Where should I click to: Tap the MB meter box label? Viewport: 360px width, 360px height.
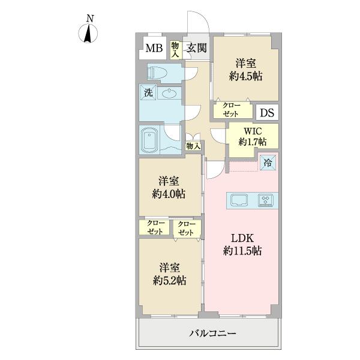point(154,49)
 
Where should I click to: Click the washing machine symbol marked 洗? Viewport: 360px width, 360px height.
point(147,92)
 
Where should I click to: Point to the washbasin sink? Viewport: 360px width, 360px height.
point(170,93)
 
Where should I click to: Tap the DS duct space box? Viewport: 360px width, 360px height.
point(267,112)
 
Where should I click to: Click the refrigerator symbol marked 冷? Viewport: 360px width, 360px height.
point(268,161)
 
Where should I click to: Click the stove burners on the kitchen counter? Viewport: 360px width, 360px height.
point(266,200)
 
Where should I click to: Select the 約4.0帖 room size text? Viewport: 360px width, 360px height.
point(169,194)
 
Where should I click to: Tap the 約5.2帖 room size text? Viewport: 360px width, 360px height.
point(169,280)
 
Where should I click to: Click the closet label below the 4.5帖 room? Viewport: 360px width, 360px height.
point(232,110)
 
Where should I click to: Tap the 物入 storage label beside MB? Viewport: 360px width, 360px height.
point(175,49)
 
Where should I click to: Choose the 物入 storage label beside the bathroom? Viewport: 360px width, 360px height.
point(193,146)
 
